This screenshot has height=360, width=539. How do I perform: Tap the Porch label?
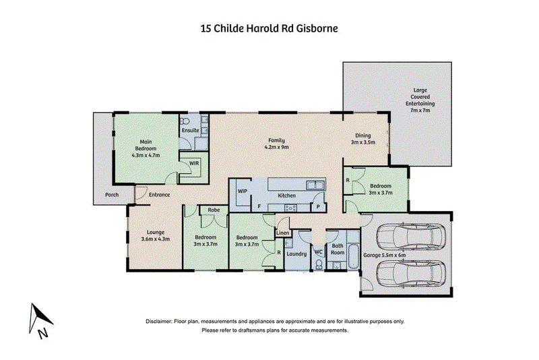click(x=112, y=195)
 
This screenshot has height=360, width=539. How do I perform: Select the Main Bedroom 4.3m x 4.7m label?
click(x=146, y=148)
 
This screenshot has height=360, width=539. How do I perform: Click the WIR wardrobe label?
click(x=194, y=163)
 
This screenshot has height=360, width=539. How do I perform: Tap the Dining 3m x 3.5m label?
click(x=362, y=139)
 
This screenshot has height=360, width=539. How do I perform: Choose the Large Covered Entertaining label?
click(x=420, y=100)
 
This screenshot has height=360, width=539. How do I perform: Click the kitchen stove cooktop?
click(x=291, y=208)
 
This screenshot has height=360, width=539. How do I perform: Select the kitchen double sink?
click(x=315, y=185)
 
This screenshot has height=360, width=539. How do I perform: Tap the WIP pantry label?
click(x=243, y=191)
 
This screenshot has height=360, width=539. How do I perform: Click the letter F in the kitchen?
click(x=259, y=207)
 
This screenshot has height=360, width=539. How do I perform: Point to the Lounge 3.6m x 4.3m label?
click(x=156, y=235)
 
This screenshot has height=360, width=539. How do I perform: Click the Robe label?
click(x=214, y=210)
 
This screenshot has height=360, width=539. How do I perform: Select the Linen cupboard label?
click(x=283, y=233)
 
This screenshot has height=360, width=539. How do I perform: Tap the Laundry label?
click(x=296, y=254)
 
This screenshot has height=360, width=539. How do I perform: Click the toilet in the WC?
click(x=319, y=264)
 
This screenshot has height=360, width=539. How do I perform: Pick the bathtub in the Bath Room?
click(x=353, y=257)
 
